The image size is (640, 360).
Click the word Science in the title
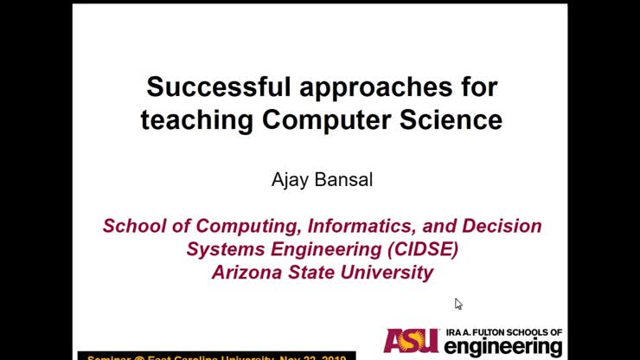(451, 119)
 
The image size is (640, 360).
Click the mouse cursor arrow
(458, 304)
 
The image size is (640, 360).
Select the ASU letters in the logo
(413, 341)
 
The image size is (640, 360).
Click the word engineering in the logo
(503, 347)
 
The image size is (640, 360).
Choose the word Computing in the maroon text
(241, 226)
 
